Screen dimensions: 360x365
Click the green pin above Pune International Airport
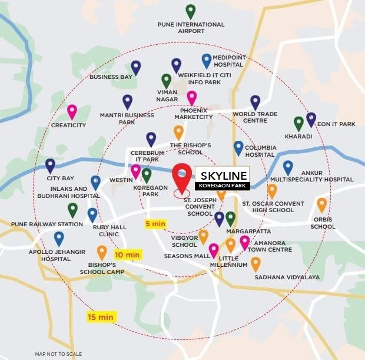pyautogui.click(x=190, y=11)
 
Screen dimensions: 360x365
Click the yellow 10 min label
pyautogui.click(x=127, y=255)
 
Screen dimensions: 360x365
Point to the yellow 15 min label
pyautogui.click(x=101, y=317)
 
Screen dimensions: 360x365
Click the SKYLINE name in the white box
pyautogui.click(x=223, y=176)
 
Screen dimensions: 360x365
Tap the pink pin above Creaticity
pyautogui.click(x=72, y=111)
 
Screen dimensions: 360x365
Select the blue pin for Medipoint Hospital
pyautogui.click(x=206, y=60)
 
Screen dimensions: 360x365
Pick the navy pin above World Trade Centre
pyautogui.click(x=255, y=102)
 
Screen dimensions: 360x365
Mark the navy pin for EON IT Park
pyautogui.click(x=311, y=119)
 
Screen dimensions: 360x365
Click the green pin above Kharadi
pyautogui.click(x=298, y=123)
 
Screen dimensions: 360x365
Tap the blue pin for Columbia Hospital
pyautogui.click(x=238, y=147)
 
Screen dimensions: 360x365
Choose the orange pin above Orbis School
pyautogui.click(x=321, y=204)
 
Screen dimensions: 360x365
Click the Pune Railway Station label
pyautogui.click(x=47, y=224)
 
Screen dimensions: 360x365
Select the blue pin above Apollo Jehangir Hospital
pyautogui.click(x=59, y=237)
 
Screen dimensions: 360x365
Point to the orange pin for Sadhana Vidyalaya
pyautogui.click(x=255, y=263)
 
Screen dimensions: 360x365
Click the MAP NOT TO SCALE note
pyautogui.click(x=58, y=354)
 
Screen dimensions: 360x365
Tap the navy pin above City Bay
pyautogui.click(x=50, y=165)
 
